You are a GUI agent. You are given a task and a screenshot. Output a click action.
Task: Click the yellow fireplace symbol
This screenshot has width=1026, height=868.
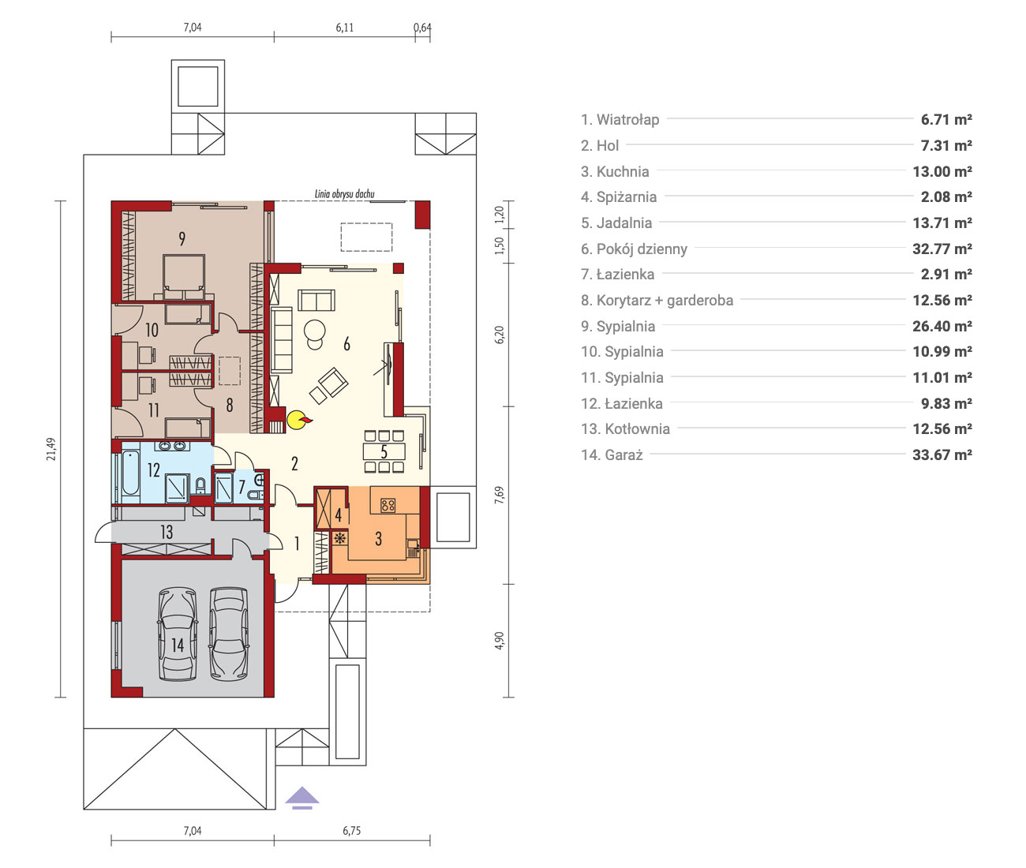click(298, 420)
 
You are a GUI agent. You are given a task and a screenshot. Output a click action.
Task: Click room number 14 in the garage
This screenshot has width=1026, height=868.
click(178, 645)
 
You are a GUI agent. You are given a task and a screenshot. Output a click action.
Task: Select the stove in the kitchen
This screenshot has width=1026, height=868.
click(388, 506)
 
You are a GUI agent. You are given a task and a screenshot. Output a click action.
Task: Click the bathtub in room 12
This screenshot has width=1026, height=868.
click(130, 472)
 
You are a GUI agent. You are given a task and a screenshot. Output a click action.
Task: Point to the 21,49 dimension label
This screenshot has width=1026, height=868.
click(51, 449)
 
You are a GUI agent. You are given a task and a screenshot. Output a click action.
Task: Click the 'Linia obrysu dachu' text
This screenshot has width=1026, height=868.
click(344, 193)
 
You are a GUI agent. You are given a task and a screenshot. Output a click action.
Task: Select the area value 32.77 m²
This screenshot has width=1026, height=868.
click(942, 249)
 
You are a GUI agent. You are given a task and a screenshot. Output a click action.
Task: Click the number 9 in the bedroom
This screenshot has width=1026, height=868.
click(182, 239)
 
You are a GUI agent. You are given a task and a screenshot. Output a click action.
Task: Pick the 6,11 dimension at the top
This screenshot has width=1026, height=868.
click(344, 28)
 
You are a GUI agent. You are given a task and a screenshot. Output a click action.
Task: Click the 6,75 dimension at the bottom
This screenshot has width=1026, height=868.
click(351, 830)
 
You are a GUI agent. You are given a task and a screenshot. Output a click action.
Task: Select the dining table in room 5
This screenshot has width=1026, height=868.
click(384, 451)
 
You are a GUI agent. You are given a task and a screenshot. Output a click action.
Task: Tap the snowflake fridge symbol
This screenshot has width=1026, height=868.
click(339, 538)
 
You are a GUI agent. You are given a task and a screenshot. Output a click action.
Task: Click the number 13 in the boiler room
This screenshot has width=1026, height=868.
click(167, 532)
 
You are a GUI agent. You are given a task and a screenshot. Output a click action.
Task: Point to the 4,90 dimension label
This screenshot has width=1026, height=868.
click(500, 640)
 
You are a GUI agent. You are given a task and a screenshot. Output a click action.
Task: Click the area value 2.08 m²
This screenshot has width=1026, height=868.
click(946, 197)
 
